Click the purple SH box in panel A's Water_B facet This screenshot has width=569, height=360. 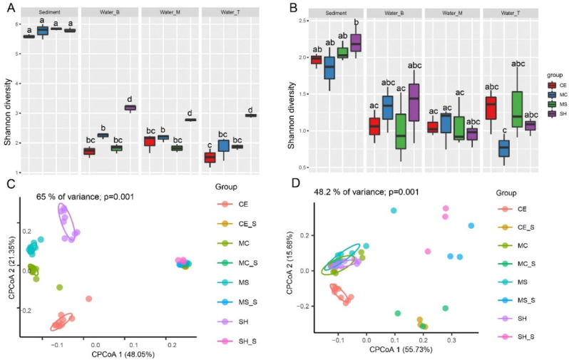point(130,108)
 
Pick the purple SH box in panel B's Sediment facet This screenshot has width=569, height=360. point(354,43)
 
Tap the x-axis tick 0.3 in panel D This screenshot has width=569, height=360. point(450,341)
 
